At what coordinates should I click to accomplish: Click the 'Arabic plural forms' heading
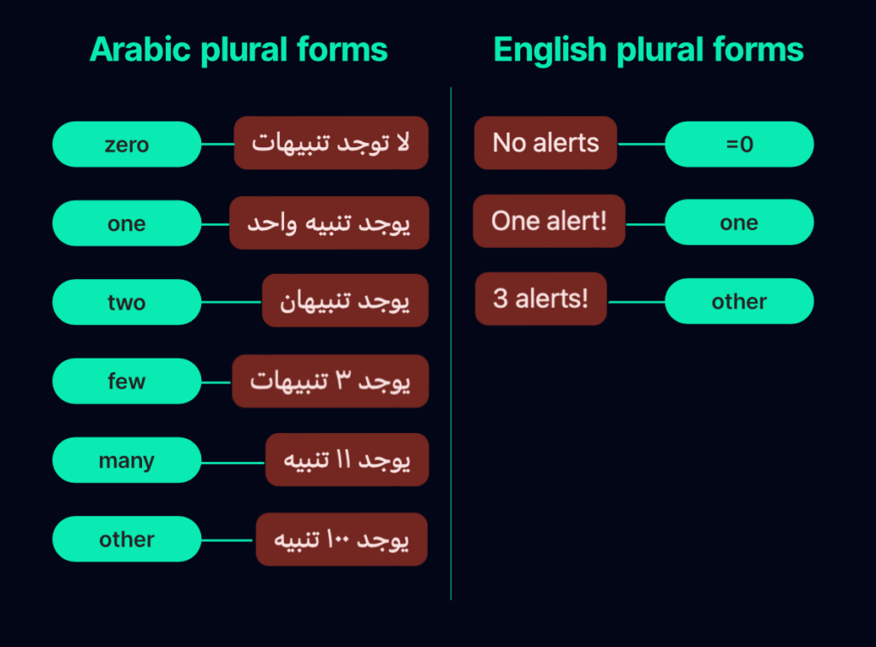pos(239,50)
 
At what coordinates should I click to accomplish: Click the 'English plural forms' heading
pos(648,50)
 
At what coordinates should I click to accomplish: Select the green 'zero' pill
pos(127,144)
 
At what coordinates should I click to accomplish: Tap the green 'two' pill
pos(127,302)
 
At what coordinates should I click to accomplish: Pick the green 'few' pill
pos(127,381)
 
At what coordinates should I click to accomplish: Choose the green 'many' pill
pos(127,460)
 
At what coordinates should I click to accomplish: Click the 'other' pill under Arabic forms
pos(127,539)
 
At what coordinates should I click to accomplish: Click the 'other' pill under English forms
pos(739,301)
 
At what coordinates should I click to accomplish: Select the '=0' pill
pos(739,144)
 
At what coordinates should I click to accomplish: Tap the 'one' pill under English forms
pos(739,223)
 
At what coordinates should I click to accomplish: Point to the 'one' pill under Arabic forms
pos(127,223)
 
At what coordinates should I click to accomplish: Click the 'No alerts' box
pos(546,143)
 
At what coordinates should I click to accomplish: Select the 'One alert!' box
pos(548,221)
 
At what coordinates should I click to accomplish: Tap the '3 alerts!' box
pos(541,299)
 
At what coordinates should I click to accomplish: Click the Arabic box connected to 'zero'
pos(331,143)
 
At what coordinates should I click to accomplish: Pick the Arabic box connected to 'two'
pos(345,301)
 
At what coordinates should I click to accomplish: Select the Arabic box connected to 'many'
pos(346,460)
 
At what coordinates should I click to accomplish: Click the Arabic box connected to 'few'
pos(330,381)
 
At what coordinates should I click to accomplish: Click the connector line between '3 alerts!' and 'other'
pos(636,301)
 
